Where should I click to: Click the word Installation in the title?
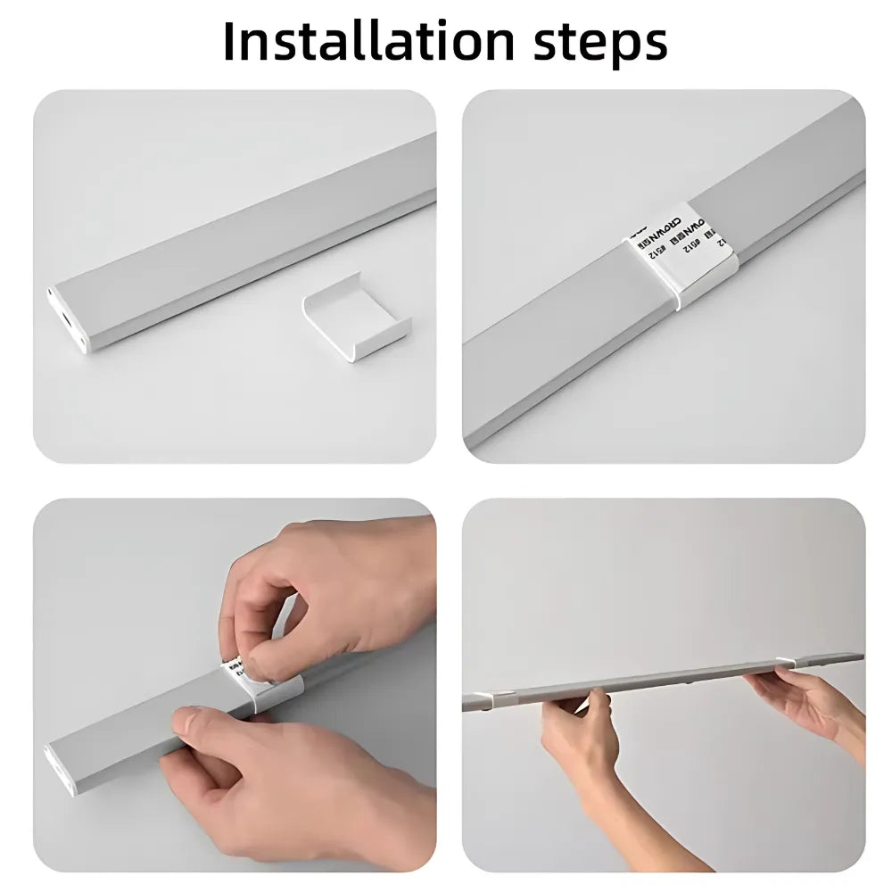(367, 41)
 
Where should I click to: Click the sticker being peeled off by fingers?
(235, 666)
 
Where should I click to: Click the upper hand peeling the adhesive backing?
(330, 589)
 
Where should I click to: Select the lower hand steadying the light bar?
(268, 776)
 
